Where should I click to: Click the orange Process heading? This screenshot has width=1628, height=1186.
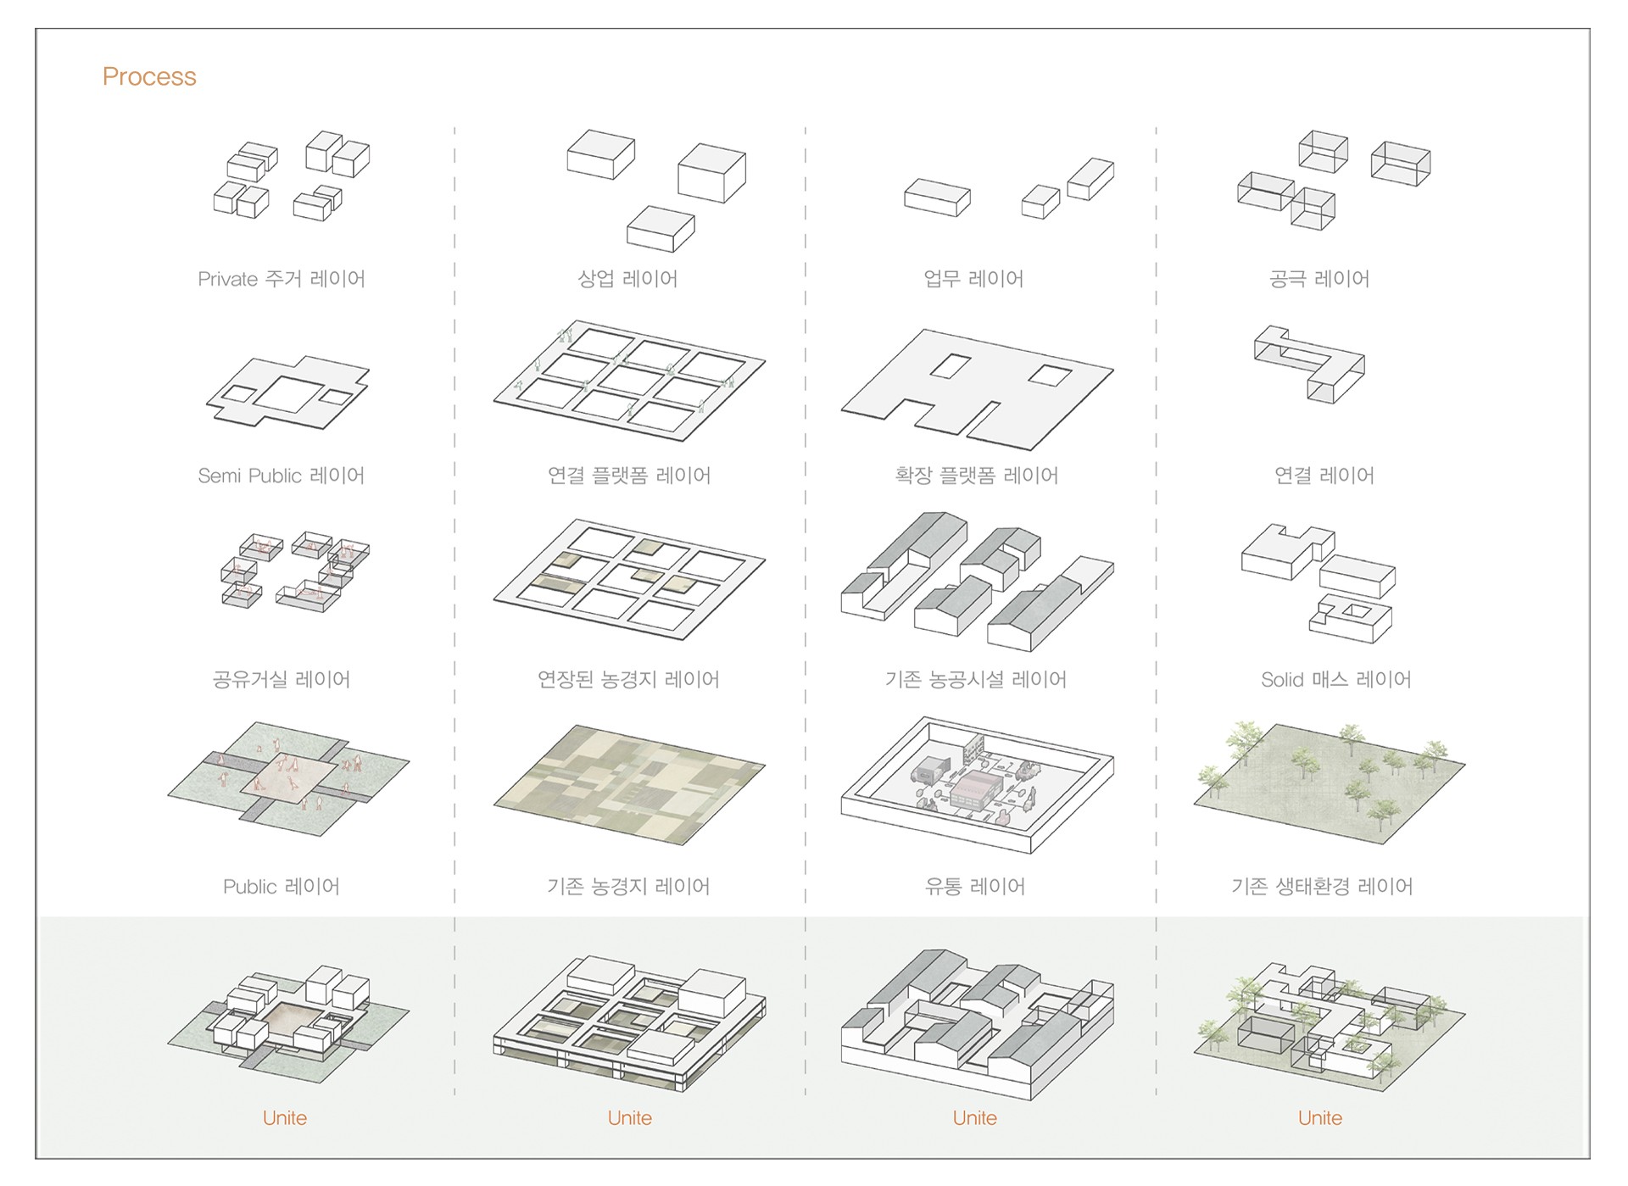pos(149,76)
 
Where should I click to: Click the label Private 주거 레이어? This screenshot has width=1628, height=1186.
pos(282,279)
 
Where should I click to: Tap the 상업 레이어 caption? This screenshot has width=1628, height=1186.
pos(627,279)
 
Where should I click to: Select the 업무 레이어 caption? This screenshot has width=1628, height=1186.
pos(973,279)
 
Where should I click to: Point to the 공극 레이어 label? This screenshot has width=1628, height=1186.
pos(1319,279)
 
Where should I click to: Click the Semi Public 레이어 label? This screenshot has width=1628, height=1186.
pos(282,476)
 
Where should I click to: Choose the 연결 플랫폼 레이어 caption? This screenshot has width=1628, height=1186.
pos(629,476)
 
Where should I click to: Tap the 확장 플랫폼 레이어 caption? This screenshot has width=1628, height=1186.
pos(977,476)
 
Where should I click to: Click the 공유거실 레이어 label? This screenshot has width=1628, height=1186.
pos(282,679)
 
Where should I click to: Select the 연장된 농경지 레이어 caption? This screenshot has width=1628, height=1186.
pos(628,679)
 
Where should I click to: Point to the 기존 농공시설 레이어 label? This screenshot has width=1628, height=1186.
pos(976,679)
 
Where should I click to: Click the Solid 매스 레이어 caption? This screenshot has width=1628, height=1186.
pos(1336,679)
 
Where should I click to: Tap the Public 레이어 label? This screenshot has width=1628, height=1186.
pos(282,886)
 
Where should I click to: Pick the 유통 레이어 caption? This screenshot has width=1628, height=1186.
pos(975,886)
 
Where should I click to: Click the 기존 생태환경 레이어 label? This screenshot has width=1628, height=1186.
pos(1322,886)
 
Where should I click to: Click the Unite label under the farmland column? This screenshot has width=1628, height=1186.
pos(630,1118)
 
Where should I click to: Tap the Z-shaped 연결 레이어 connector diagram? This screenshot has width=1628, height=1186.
pos(1310,364)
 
